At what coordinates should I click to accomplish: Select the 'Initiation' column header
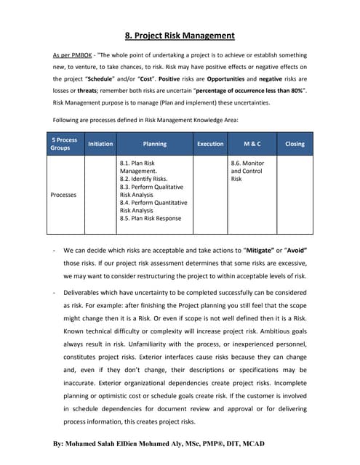click(100, 144)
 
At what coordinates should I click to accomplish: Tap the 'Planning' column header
click(155, 144)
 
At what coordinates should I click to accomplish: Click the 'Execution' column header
click(210, 144)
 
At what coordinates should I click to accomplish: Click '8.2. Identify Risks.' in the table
click(143, 179)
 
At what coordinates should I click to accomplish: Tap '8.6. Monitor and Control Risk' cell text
click(247, 171)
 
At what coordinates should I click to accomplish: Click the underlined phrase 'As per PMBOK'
click(73, 55)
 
